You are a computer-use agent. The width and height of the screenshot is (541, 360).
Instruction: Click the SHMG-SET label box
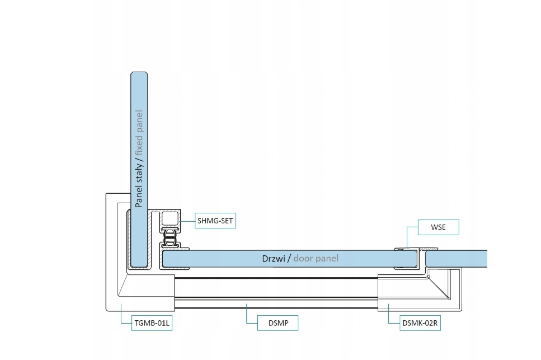(215, 221)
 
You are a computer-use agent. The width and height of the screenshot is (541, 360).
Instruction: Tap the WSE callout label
(438, 227)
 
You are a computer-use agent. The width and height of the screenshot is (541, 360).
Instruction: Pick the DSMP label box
(277, 323)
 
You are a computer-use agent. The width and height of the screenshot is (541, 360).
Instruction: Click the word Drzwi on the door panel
(274, 259)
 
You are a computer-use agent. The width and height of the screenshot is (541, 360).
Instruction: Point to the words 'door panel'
(316, 259)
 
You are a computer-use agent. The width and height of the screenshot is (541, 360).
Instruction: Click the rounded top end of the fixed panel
(139, 76)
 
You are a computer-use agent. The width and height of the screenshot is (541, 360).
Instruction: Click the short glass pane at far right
(457, 259)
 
